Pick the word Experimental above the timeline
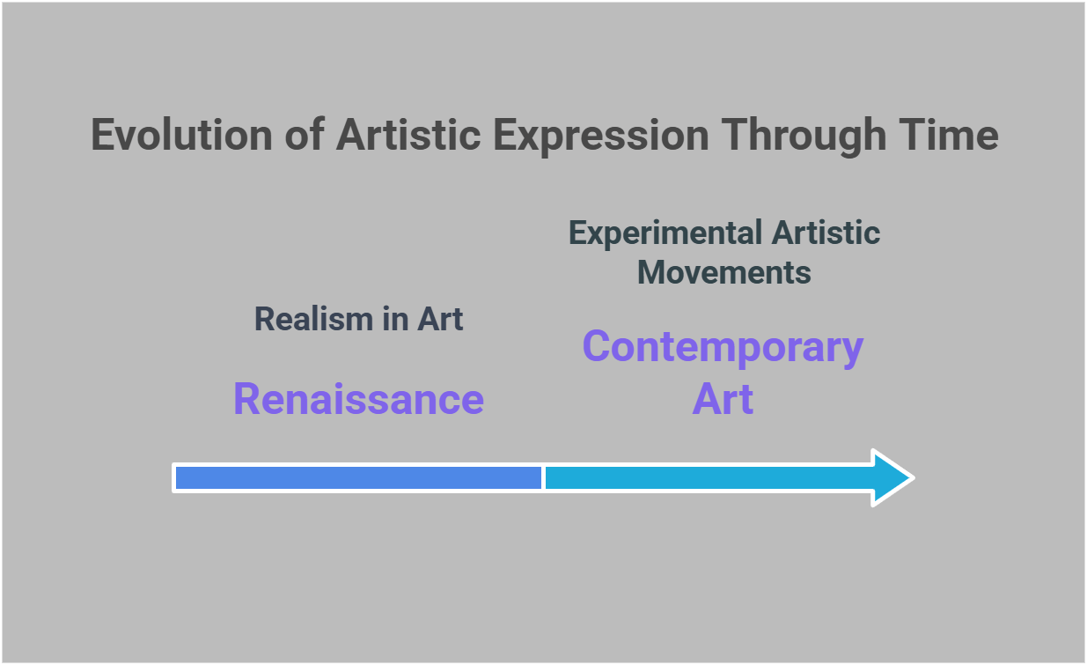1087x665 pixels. [x=665, y=233]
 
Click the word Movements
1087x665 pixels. [x=723, y=272]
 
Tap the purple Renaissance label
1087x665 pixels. [x=358, y=399]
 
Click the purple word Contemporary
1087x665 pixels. [x=723, y=346]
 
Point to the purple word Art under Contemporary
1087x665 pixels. [x=723, y=399]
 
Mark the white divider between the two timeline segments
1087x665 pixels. [x=543, y=477]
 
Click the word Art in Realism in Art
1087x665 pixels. [x=441, y=319]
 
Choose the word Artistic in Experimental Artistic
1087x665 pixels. [x=826, y=233]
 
